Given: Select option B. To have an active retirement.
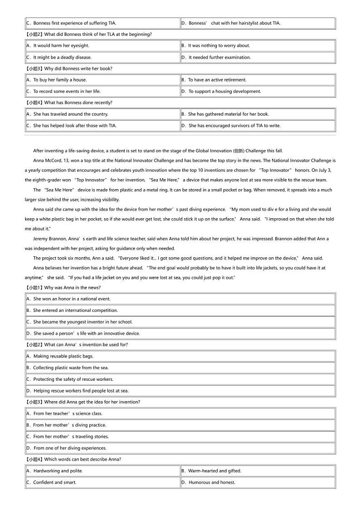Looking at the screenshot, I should [x=217, y=80].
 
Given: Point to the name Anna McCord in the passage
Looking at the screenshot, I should [x=47, y=161].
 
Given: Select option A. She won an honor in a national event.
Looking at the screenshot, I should [x=68, y=299].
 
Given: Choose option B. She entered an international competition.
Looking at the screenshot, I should [x=72, y=310].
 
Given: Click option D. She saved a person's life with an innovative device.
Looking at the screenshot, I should [x=83, y=333].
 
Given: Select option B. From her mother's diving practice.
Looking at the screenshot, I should [x=66, y=425].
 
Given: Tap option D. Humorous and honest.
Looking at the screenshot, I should [x=208, y=482].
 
